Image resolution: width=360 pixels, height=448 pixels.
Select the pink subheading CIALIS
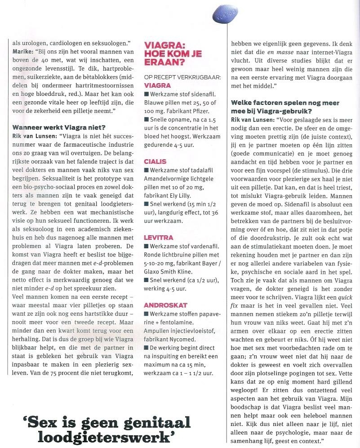pos(155,161)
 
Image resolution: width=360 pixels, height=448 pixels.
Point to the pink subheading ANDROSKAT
pos(163,305)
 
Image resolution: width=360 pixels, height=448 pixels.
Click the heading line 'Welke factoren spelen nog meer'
pos(285,103)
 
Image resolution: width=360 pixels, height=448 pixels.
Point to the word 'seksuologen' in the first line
pos(109,43)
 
